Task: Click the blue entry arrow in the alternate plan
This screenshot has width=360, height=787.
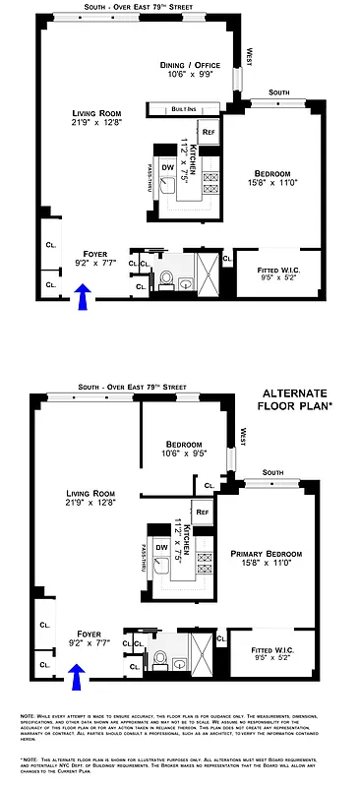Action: [76, 674]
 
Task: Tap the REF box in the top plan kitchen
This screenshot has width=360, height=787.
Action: [208, 131]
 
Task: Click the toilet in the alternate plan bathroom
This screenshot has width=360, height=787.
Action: [159, 657]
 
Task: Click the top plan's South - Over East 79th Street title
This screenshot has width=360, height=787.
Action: [138, 7]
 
